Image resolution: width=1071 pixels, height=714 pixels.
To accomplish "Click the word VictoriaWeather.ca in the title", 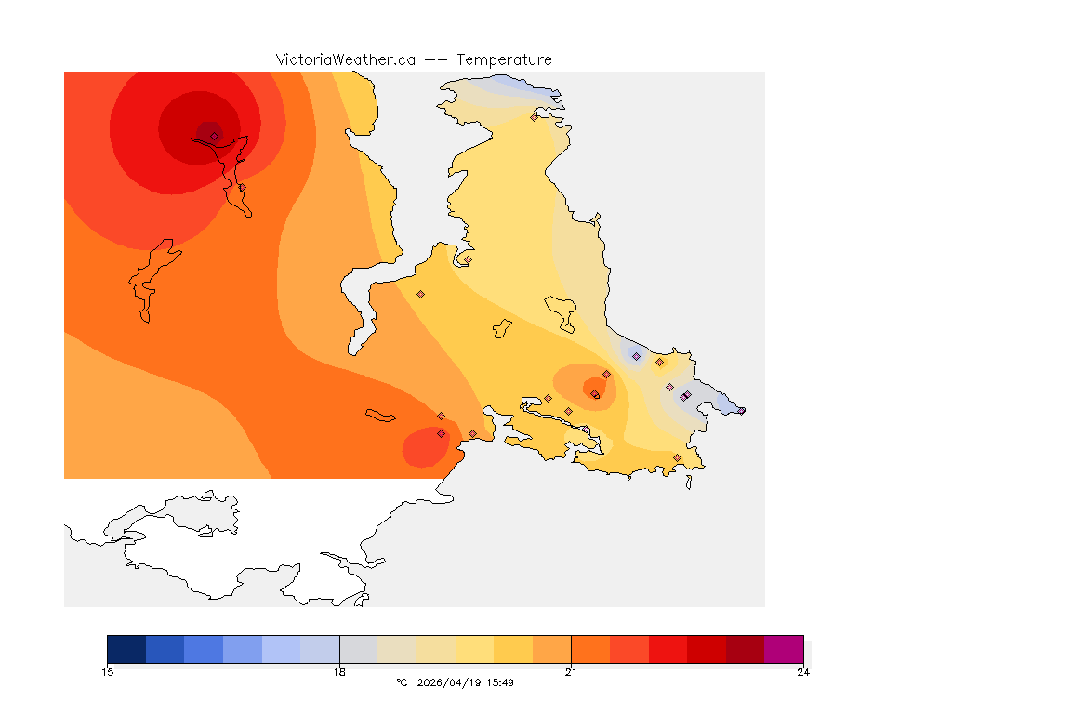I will (345, 59).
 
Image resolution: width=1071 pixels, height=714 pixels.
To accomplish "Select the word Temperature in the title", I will (504, 59).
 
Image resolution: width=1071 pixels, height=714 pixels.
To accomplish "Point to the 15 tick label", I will (108, 672).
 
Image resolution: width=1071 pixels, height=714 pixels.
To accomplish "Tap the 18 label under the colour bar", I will (339, 672).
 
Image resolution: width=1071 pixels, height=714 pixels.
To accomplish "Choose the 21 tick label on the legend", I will (571, 672).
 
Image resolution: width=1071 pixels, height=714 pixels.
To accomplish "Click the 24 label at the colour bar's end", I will (802, 672).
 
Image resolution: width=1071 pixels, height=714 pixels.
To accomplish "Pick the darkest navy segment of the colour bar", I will (126, 649).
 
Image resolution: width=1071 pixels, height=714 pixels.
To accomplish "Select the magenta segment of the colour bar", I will (783, 649).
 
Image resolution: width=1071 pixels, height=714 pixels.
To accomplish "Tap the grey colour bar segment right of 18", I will (359, 649).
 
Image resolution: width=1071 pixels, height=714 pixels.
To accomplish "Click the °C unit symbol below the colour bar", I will (402, 682).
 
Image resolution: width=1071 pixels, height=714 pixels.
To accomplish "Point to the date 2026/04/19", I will (450, 682).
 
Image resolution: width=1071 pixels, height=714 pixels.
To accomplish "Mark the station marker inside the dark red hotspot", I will (214, 136).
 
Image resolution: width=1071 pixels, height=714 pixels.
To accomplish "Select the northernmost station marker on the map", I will (535, 117).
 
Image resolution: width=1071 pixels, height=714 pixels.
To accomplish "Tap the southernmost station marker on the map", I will (677, 457).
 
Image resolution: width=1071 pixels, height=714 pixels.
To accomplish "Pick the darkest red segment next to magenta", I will (745, 649).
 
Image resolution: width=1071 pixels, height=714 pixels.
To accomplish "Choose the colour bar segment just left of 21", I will (551, 649).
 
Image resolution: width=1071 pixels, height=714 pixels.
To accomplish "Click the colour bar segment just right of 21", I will (590, 649).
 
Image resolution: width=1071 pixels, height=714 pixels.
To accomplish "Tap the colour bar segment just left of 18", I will (320, 649).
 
